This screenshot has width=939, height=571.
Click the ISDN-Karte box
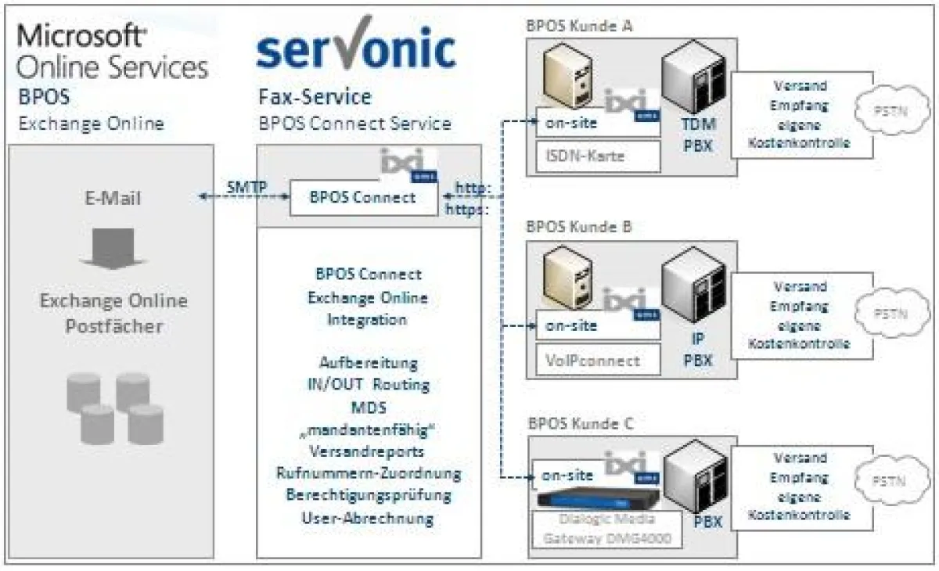pyautogui.click(x=597, y=156)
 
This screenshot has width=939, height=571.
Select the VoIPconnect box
pyautogui.click(x=597, y=361)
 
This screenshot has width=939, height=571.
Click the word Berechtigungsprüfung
pyautogui.click(x=368, y=496)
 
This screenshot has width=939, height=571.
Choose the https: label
pyautogui.click(x=468, y=210)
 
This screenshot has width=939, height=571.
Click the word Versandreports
pyautogui.click(x=368, y=453)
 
